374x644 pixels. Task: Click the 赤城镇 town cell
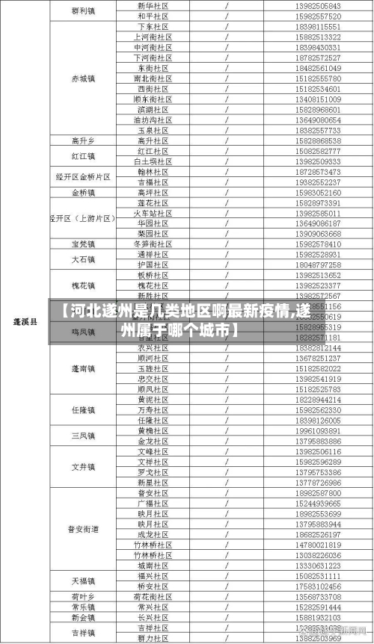point(83,77)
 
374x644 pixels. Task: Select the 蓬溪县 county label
point(25,321)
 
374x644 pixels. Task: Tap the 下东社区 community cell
point(152,26)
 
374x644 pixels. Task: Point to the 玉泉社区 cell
point(152,129)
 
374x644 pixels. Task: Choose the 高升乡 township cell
point(83,140)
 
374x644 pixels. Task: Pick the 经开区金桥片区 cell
point(83,177)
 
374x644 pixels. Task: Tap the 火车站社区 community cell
point(152,213)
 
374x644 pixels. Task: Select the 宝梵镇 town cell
point(83,244)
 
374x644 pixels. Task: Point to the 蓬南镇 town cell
point(83,368)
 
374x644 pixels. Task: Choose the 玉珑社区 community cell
point(152,368)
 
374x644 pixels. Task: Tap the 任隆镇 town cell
point(83,409)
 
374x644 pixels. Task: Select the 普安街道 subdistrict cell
point(83,529)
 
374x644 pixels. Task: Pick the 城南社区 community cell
point(152,566)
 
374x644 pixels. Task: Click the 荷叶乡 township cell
point(83,597)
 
